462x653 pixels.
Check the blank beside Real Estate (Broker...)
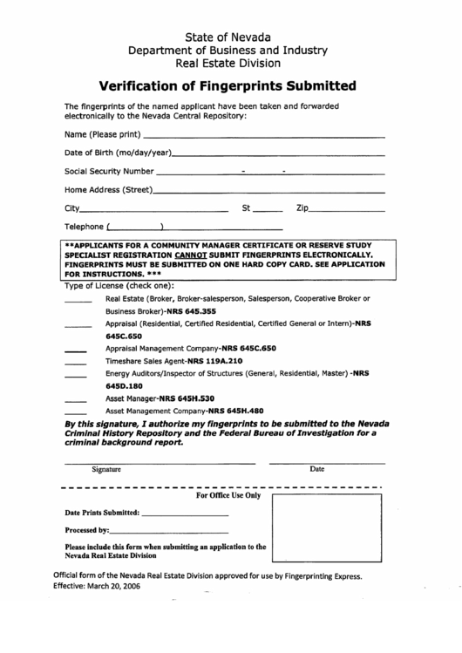tap(78, 301)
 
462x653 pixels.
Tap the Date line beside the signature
tap(324, 461)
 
